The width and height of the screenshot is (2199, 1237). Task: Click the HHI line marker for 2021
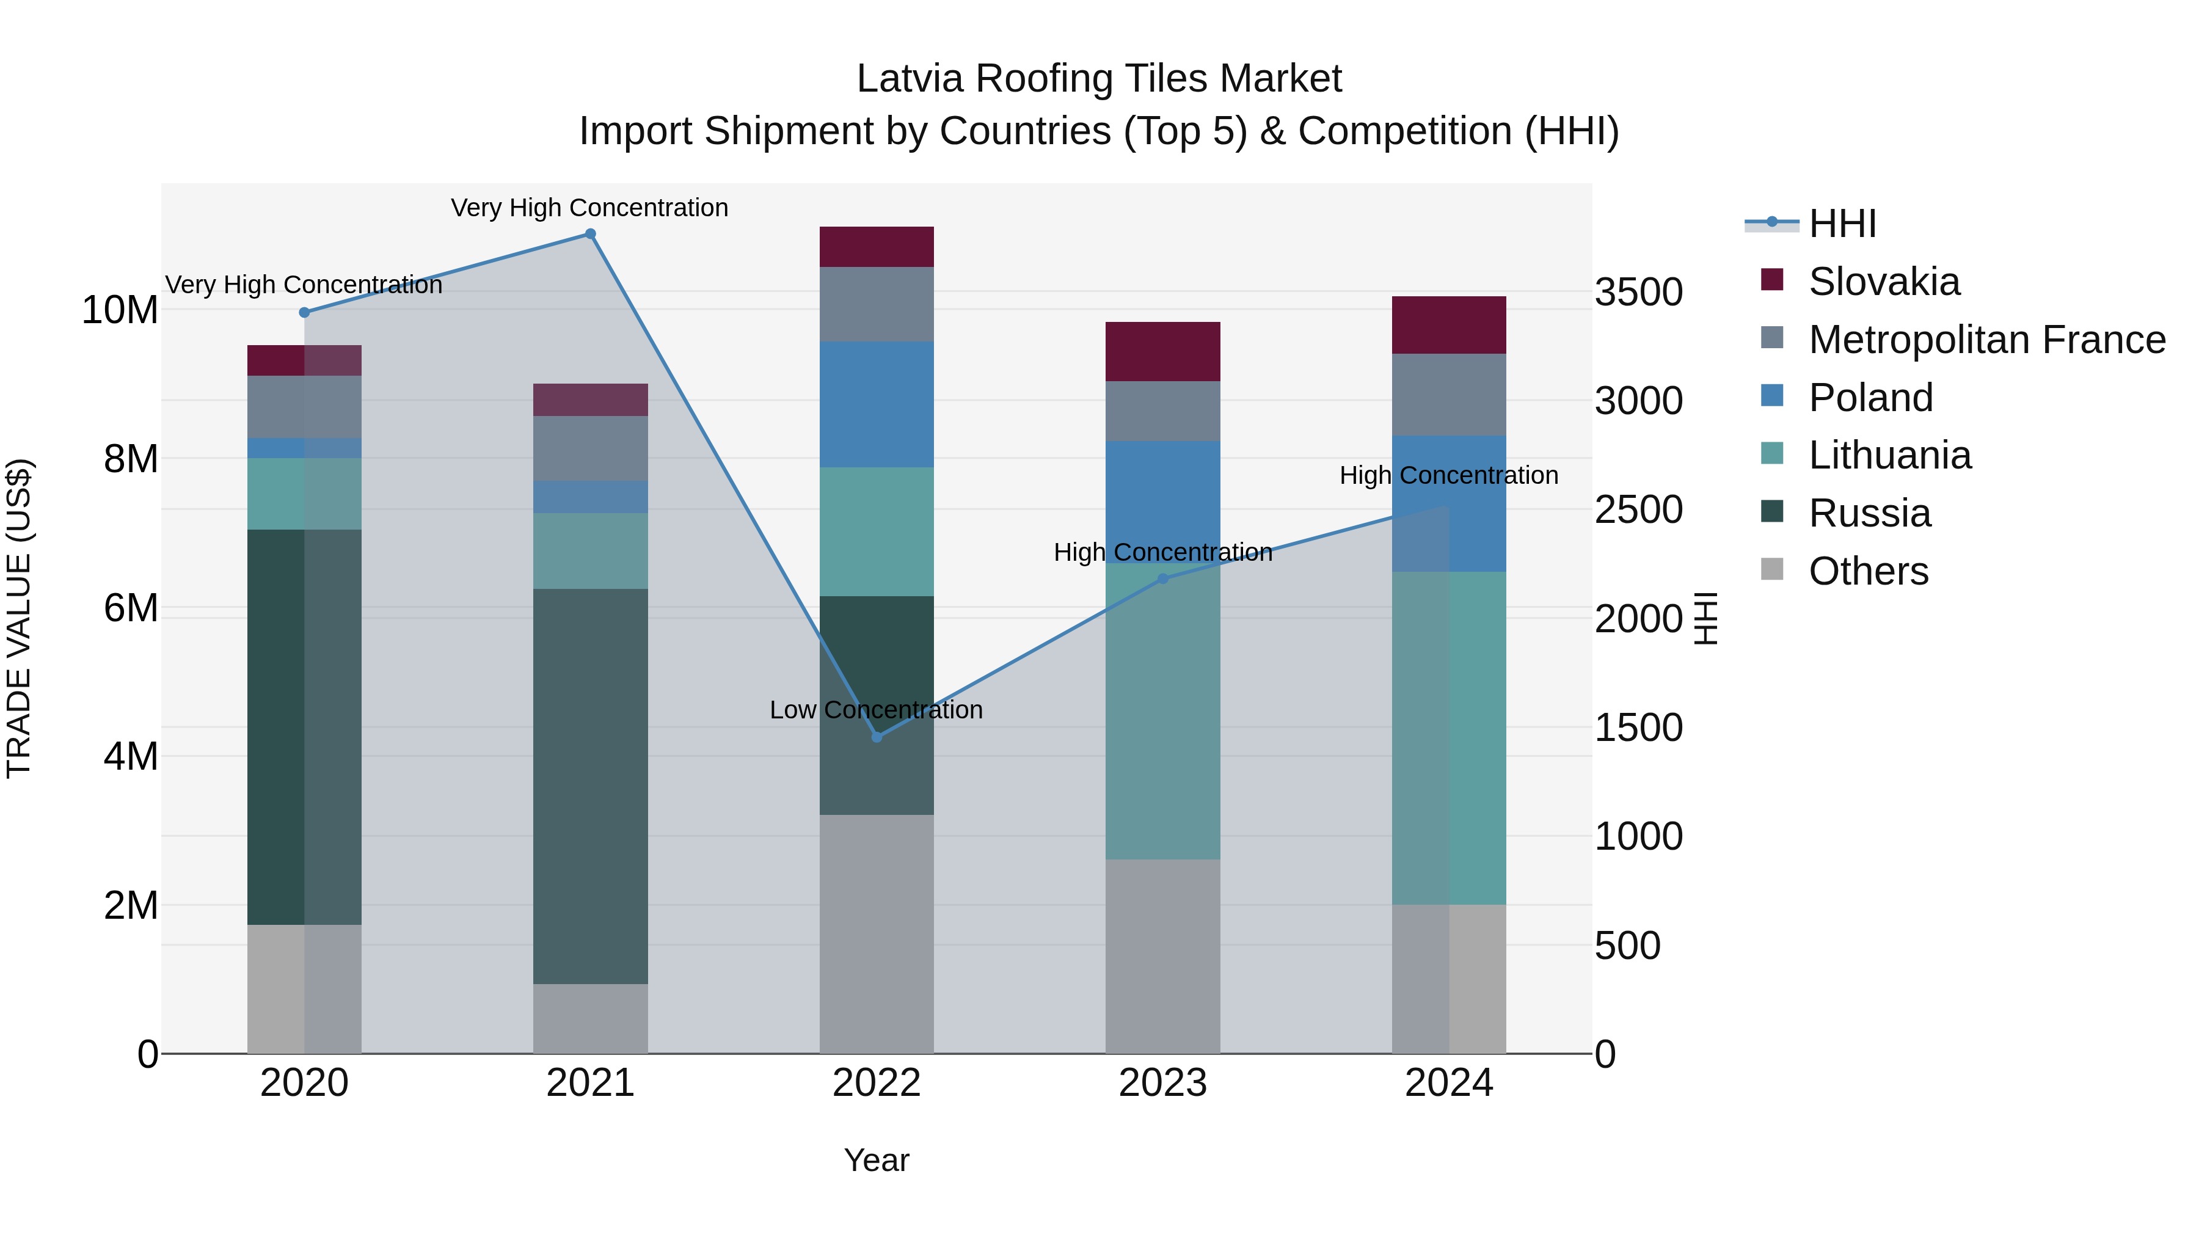[590, 234]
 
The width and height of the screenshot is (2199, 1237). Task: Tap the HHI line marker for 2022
[877, 737]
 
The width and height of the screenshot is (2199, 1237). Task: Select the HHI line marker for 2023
[1162, 579]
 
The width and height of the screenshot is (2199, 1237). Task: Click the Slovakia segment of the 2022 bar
[877, 247]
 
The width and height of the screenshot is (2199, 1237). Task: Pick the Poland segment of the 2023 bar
[1162, 502]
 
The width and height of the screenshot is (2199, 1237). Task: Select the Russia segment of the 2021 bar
[590, 786]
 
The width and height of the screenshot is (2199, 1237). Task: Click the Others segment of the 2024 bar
[1449, 979]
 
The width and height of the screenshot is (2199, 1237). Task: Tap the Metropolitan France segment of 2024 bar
[1449, 395]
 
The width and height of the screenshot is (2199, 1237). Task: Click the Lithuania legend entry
[1889, 456]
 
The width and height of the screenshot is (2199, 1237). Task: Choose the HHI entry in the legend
[1842, 224]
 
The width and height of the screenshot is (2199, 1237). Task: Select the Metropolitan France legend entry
[1986, 340]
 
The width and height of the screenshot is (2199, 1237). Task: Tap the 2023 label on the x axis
[1162, 1083]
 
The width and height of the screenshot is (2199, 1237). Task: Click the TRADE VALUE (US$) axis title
[19, 618]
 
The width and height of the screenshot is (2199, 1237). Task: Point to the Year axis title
[877, 1160]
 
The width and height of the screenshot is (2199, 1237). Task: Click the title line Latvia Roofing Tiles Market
[1099, 79]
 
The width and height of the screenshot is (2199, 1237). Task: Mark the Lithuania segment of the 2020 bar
[304, 494]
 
